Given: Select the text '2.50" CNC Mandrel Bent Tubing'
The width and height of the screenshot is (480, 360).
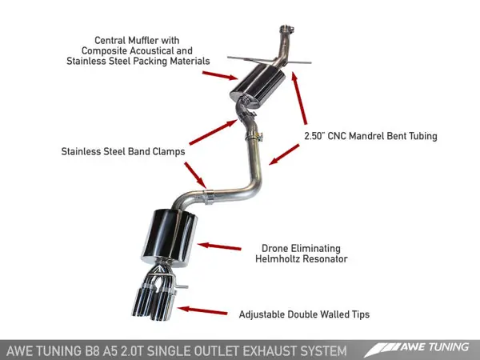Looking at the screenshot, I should point(371,136).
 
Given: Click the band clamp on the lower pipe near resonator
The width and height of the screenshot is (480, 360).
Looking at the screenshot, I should point(209,193).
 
